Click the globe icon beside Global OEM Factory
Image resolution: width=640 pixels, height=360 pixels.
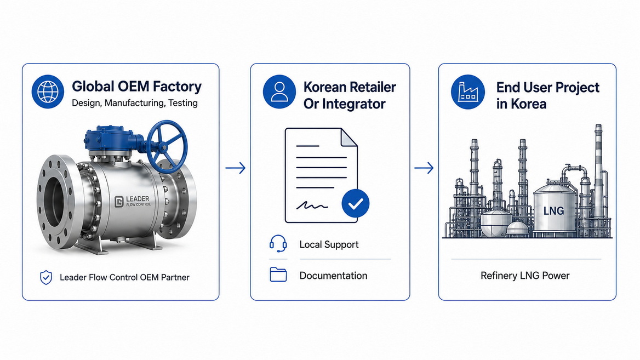click(48, 92)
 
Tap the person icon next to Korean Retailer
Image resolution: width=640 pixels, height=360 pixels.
click(279, 92)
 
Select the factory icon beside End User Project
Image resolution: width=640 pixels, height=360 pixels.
click(468, 92)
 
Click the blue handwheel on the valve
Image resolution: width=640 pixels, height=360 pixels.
click(167, 146)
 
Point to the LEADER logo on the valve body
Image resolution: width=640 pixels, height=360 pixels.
click(133, 201)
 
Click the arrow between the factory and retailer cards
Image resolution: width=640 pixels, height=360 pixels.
click(236, 168)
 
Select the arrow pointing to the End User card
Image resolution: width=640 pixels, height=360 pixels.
click(424, 168)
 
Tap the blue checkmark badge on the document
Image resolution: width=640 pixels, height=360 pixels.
click(356, 203)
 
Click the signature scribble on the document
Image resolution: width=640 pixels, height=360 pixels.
click(312, 205)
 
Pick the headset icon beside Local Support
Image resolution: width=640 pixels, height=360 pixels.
click(278, 244)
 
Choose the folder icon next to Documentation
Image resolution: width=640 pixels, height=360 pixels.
click(278, 275)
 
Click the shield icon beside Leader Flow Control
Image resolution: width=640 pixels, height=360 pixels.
click(45, 278)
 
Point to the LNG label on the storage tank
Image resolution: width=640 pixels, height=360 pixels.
click(553, 211)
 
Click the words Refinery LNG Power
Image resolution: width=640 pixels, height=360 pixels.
click(525, 276)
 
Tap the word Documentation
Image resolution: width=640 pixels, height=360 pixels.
click(334, 276)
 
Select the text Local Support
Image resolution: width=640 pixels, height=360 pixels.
click(329, 244)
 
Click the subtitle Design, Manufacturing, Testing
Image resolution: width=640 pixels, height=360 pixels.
click(135, 103)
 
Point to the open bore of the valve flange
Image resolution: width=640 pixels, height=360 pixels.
click(55, 201)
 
